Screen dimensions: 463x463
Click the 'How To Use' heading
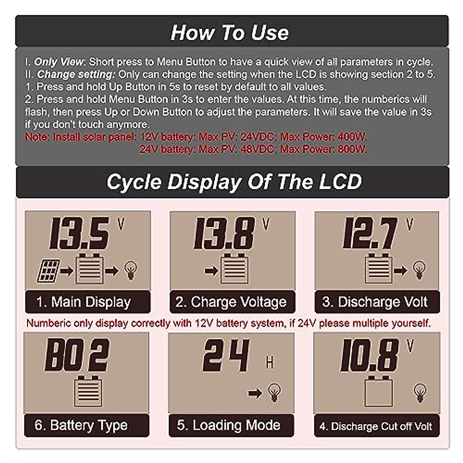pyautogui.click(x=230, y=32)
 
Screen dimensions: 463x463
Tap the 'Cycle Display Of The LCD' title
pyautogui.click(x=234, y=182)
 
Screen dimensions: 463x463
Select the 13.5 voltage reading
pyautogui.click(x=79, y=234)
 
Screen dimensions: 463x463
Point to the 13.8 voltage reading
pyautogui.click(x=224, y=234)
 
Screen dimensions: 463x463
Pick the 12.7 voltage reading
pyautogui.click(x=370, y=233)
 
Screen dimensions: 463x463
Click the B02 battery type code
pyautogui.click(x=77, y=355)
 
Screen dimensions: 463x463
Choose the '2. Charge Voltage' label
pyautogui.click(x=231, y=302)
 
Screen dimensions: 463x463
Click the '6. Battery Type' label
pyautogui.click(x=81, y=425)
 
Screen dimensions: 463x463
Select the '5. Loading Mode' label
pyautogui.click(x=229, y=425)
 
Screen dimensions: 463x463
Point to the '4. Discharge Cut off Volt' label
pyautogui.click(x=376, y=426)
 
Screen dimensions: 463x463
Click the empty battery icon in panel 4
pyautogui.click(x=379, y=391)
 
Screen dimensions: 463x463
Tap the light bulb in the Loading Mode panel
pyautogui.click(x=274, y=393)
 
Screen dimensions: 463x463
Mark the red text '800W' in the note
pyautogui.click(x=352, y=149)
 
